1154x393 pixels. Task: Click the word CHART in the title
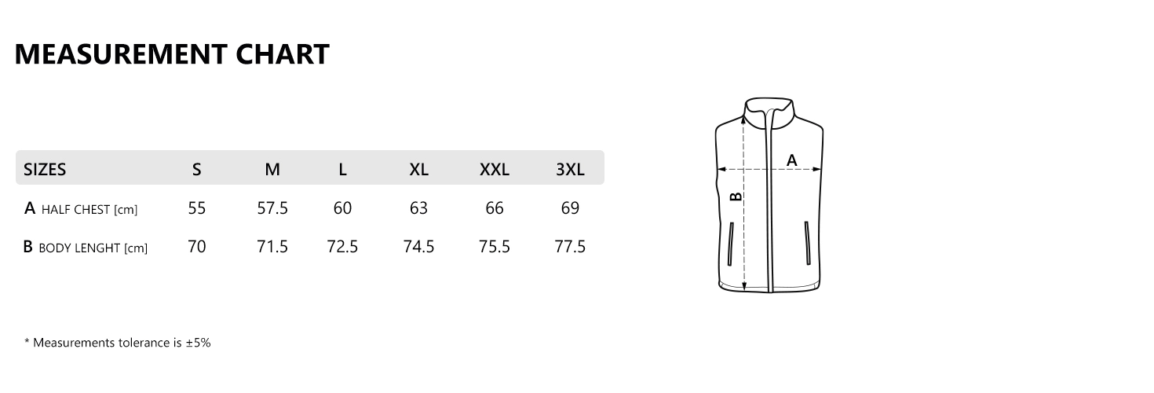coord(283,54)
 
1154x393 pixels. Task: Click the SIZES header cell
coord(45,169)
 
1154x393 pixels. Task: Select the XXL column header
coord(495,169)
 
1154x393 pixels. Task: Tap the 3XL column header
coord(570,169)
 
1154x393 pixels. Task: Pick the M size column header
coord(272,169)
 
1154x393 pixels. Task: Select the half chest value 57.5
coord(272,208)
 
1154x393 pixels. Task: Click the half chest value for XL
coord(419,208)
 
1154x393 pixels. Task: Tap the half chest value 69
coord(570,208)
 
